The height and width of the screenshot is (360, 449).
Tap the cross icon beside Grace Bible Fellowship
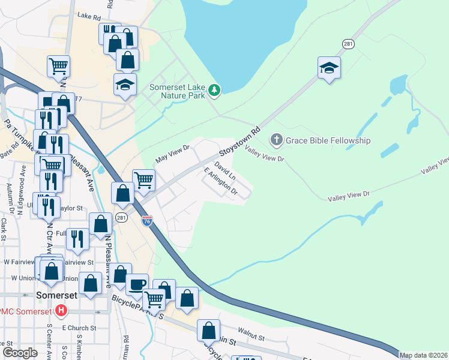tap(277, 140)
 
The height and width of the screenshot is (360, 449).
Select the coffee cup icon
tap(137, 284)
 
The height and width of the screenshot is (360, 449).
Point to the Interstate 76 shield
tap(147, 221)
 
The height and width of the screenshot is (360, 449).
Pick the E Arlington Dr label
tap(221, 182)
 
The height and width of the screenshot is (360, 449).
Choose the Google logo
tap(20, 353)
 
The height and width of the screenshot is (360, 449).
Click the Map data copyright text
tap(423, 355)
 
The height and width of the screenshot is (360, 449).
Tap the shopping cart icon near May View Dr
tap(143, 179)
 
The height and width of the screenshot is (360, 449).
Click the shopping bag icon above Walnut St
tap(208, 330)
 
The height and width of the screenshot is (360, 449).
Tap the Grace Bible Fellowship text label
tap(328, 140)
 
